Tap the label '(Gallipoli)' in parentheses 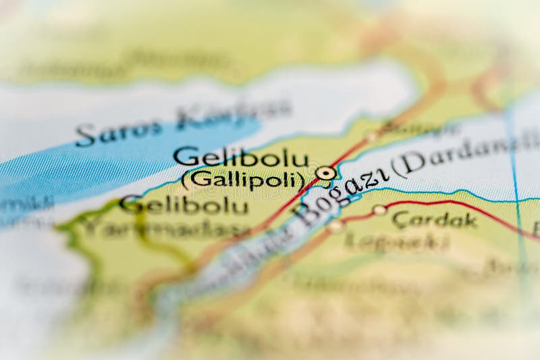click(x=243, y=180)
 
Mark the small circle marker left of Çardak click(x=379, y=210)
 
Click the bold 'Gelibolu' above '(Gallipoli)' click(x=240, y=157)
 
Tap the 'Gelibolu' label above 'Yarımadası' click(x=174, y=204)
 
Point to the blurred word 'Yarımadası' click(x=165, y=228)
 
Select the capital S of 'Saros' click(x=86, y=136)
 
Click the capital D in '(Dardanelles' click(x=414, y=163)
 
